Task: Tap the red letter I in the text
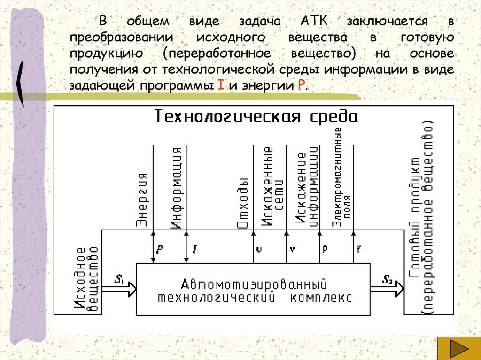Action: (220, 86)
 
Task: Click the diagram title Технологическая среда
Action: (256, 116)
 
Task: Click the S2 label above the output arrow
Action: (388, 280)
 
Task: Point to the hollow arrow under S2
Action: (387, 289)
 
